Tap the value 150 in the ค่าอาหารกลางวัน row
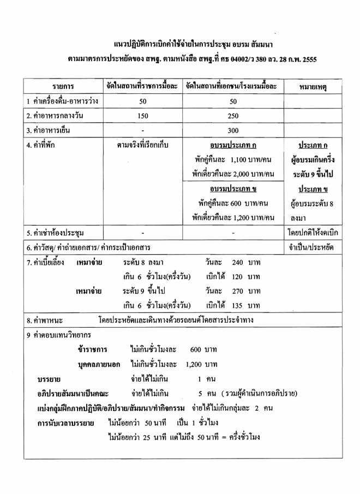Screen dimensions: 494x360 pyautogui.click(x=143, y=116)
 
